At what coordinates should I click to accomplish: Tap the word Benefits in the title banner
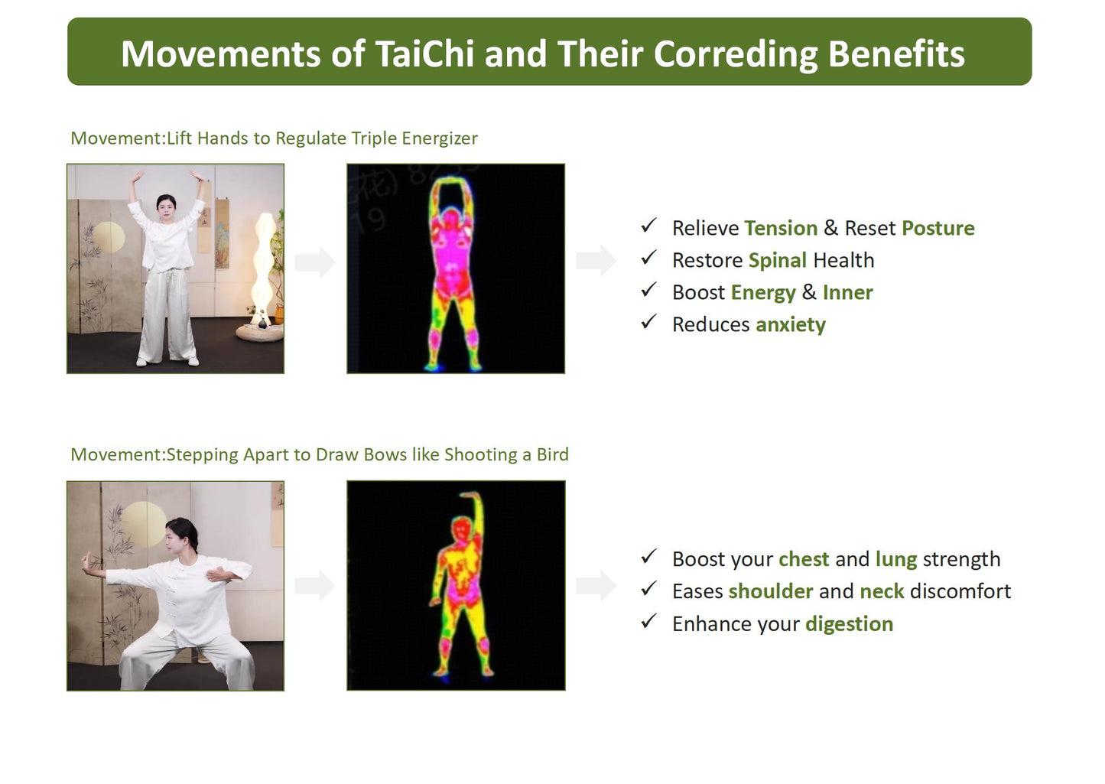point(895,54)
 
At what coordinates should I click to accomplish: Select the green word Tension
point(781,228)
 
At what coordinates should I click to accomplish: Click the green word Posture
point(938,228)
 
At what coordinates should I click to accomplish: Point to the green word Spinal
point(777,260)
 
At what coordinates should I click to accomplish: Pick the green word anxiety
point(790,324)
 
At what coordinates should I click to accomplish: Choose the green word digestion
point(849,623)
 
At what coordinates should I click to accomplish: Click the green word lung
point(895,559)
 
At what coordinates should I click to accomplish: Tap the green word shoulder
point(770,591)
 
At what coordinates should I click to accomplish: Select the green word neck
point(882,591)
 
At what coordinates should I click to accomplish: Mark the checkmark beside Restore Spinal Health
point(648,259)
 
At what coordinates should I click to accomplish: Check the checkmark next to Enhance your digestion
point(648,622)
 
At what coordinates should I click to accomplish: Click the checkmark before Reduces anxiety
point(648,323)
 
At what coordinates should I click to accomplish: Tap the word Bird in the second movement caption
point(552,454)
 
